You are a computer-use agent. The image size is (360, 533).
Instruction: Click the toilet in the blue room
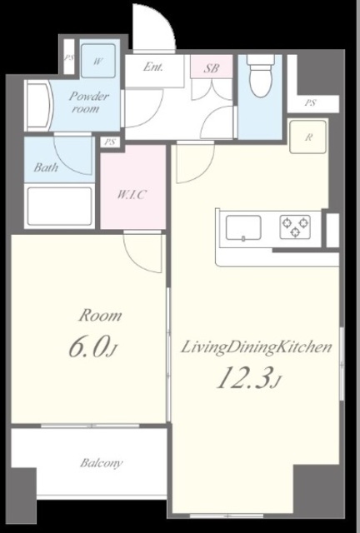260,76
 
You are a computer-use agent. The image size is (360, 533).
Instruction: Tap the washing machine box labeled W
98,61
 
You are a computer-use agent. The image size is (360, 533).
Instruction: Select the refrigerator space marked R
308,137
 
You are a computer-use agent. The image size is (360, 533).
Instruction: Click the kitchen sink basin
243,228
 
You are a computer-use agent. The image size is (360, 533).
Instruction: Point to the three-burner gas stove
295,227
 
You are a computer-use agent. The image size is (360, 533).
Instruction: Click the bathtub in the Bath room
59,206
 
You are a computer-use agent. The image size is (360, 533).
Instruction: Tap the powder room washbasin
39,106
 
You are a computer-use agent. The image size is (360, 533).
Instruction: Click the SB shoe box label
212,68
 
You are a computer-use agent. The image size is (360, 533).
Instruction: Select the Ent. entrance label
152,67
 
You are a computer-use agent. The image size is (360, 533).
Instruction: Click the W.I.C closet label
132,194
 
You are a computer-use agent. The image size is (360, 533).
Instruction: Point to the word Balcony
102,463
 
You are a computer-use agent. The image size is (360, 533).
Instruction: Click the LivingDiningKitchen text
256,348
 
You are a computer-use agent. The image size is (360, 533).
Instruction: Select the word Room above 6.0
100,316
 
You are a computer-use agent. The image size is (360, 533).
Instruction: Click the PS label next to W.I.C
110,142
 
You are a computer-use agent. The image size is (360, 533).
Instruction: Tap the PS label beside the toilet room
310,102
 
